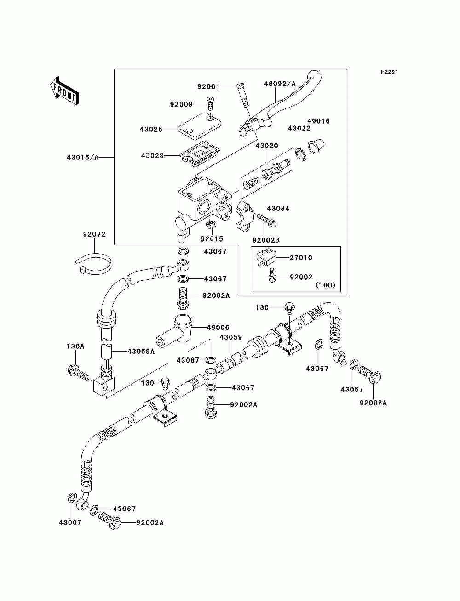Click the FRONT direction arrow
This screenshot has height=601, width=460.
(64, 91)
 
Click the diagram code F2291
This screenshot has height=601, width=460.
(389, 72)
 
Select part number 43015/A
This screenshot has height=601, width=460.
(82, 158)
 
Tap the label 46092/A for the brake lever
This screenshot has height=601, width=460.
(280, 84)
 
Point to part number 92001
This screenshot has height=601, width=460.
(208, 87)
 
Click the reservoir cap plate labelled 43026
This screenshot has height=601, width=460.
(200, 126)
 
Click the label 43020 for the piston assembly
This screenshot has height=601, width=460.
(267, 146)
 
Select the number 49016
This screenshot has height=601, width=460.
(318, 121)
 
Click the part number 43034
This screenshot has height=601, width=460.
(278, 208)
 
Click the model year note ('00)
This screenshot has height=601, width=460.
(325, 285)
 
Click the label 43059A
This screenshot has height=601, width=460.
(141, 351)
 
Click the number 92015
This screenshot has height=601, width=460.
(212, 239)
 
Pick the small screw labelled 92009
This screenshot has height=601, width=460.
(210, 104)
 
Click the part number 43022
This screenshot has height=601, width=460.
(299, 128)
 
